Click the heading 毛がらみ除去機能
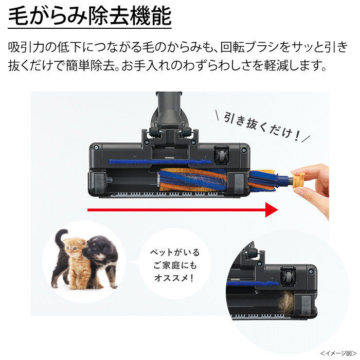coord(90,16)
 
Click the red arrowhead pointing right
coord(272,210)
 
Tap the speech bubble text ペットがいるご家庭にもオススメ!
coord(175,265)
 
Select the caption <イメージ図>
coord(338,353)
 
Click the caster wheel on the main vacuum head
coord(221,155)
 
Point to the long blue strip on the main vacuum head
coord(160,161)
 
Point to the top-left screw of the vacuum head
coord(97,148)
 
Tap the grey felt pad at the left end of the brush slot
coord(100,183)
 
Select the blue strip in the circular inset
coord(252,283)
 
